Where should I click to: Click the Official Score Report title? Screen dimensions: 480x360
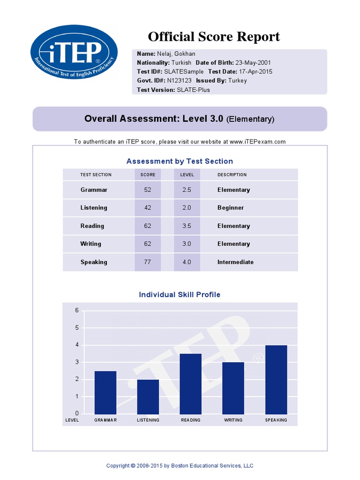[214, 37]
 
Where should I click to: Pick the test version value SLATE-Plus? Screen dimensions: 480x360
[193, 90]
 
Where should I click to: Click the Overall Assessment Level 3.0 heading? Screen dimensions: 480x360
[180, 119]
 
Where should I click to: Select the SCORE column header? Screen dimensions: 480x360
[148, 175]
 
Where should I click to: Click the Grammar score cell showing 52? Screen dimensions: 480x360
[148, 190]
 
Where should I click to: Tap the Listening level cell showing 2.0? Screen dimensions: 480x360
[187, 208]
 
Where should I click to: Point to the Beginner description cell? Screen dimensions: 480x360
[231, 208]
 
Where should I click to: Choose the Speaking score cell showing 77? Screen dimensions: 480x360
[148, 262]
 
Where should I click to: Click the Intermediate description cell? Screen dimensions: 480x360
[235, 262]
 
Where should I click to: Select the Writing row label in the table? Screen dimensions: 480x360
[91, 244]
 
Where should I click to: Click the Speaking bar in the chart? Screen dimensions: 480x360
[276, 379]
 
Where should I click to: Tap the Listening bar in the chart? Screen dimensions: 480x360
[148, 397]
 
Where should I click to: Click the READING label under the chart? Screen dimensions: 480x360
[191, 420]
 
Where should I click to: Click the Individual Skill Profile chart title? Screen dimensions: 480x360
[180, 295]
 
